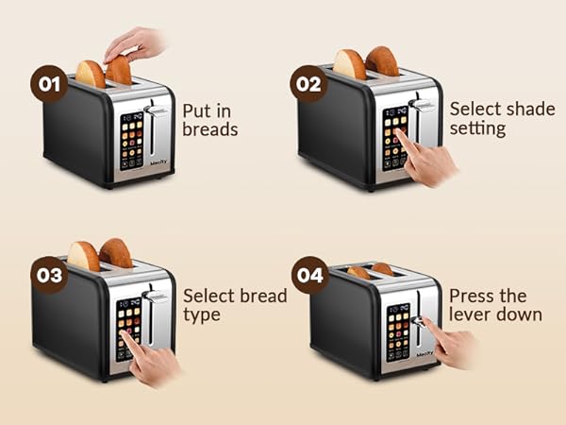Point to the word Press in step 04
pos(473,295)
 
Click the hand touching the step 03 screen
pos(156,359)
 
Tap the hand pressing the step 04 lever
pos(451,343)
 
